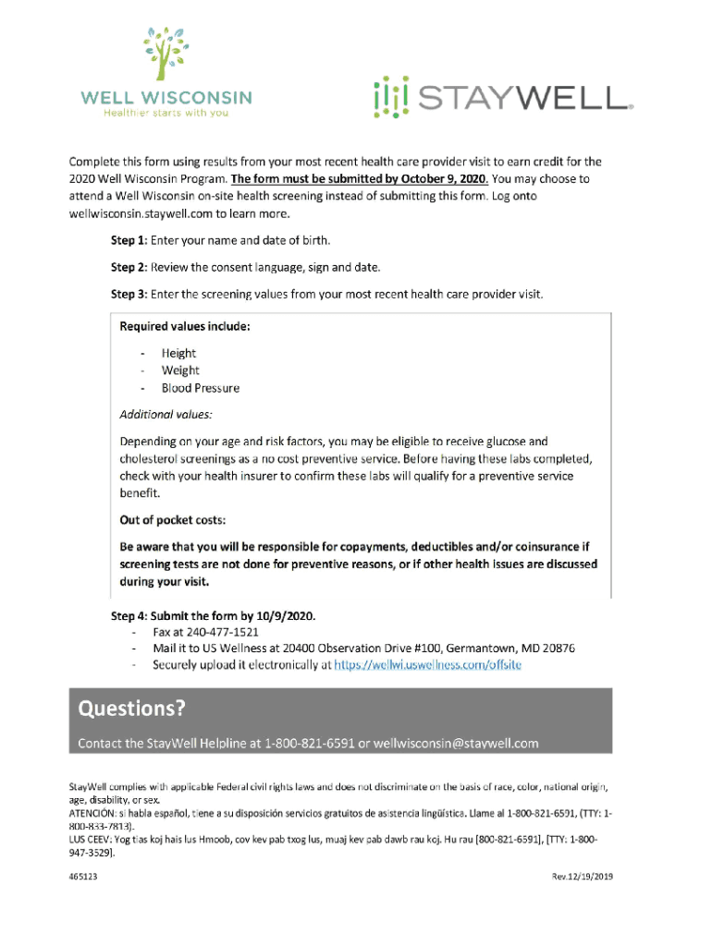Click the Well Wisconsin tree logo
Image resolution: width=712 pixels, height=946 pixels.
(166, 55)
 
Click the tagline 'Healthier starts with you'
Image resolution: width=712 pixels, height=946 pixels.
(166, 113)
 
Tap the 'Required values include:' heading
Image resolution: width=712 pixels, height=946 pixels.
(185, 326)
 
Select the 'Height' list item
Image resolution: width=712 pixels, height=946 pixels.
(178, 353)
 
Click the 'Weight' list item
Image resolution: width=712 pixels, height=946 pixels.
(180, 370)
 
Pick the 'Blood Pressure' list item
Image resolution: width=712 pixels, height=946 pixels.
(200, 388)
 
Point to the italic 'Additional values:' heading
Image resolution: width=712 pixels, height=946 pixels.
(166, 415)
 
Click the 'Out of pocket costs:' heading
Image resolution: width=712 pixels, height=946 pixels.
(173, 519)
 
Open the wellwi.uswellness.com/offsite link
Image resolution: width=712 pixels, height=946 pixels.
(427, 664)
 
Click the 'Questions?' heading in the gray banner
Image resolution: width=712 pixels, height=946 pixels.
(131, 709)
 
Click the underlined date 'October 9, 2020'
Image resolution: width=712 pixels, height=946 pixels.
(430, 178)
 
